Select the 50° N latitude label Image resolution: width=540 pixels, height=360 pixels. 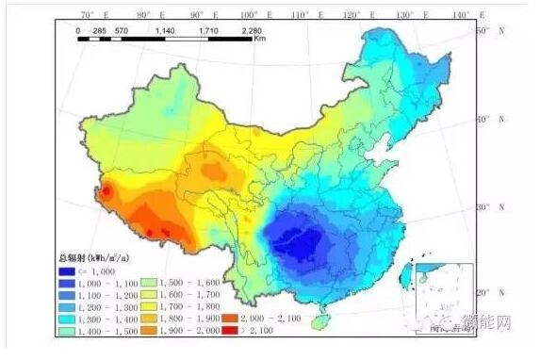coord(486,31)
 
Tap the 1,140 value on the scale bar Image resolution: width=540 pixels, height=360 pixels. coord(165,30)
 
